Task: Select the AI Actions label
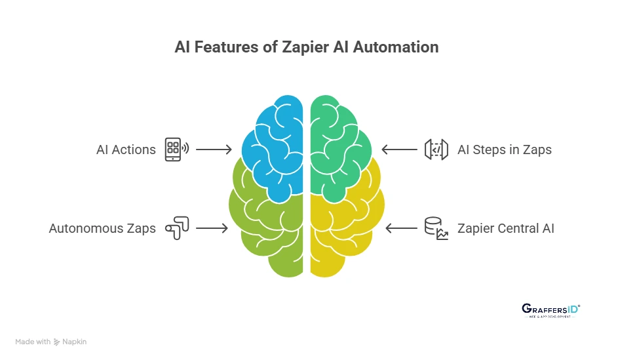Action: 126,150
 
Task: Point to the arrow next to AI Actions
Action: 214,150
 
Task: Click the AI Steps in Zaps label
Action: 505,150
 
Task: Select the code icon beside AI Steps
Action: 436,150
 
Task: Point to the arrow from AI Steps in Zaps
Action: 399,150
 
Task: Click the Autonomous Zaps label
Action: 102,228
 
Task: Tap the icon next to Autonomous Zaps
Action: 177,228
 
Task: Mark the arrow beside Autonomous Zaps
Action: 211,228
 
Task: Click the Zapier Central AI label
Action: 506,228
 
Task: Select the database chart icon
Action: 436,228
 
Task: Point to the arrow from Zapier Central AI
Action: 402,228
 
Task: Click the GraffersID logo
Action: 550,310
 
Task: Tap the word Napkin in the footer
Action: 74,342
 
